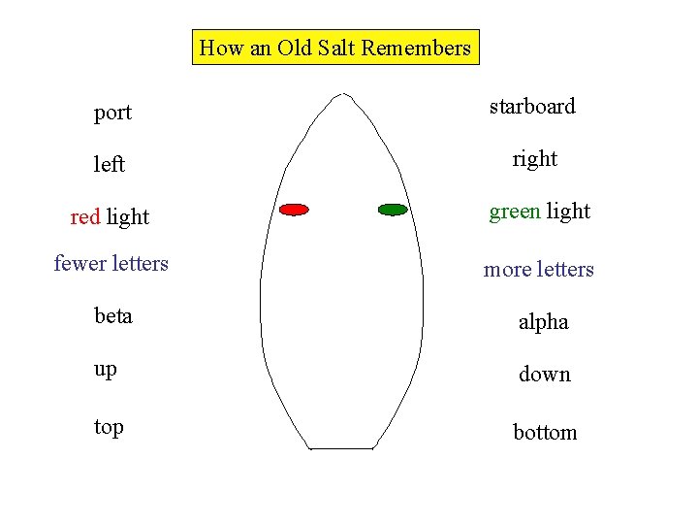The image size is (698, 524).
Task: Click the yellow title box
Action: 335,47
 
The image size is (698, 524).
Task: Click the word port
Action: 112,113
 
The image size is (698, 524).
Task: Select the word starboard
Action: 532,106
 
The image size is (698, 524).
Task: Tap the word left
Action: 110,165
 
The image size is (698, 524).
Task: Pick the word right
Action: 535,158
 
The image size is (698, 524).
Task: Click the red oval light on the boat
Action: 294,209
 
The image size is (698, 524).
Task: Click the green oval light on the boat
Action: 393,209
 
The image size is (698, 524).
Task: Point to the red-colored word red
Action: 85,217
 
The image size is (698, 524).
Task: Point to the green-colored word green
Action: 515,212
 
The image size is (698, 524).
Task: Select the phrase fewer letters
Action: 111,263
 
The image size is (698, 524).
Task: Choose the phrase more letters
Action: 539,269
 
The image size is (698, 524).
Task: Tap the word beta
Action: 113,315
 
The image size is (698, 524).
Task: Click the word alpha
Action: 544,322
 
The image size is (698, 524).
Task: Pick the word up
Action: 106,370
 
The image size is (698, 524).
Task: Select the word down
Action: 545,374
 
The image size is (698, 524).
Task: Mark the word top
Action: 109,426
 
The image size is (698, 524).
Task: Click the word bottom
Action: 545,432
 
